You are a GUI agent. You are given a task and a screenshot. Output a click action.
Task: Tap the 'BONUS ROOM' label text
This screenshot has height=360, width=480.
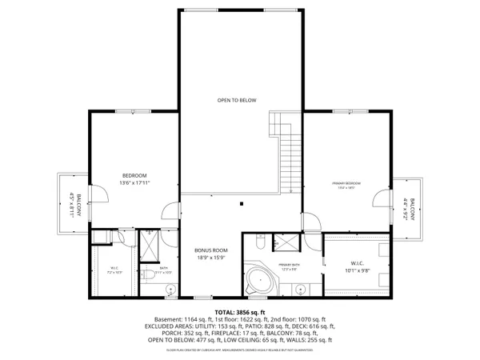point(211,250)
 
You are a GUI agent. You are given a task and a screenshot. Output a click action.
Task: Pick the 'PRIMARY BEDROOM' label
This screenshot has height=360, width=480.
point(346,184)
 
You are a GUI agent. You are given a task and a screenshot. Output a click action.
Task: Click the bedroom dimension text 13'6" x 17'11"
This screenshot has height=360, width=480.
point(134,183)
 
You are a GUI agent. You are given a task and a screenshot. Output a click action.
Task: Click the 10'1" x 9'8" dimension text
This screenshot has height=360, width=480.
point(357,270)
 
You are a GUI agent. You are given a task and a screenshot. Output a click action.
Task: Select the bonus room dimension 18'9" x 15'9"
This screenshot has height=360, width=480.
point(211,258)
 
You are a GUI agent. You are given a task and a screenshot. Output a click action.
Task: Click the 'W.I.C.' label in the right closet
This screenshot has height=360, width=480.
point(357,262)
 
